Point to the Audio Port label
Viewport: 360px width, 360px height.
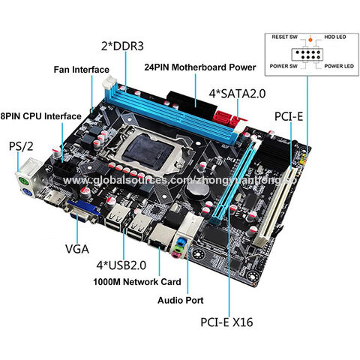click(181, 301)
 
